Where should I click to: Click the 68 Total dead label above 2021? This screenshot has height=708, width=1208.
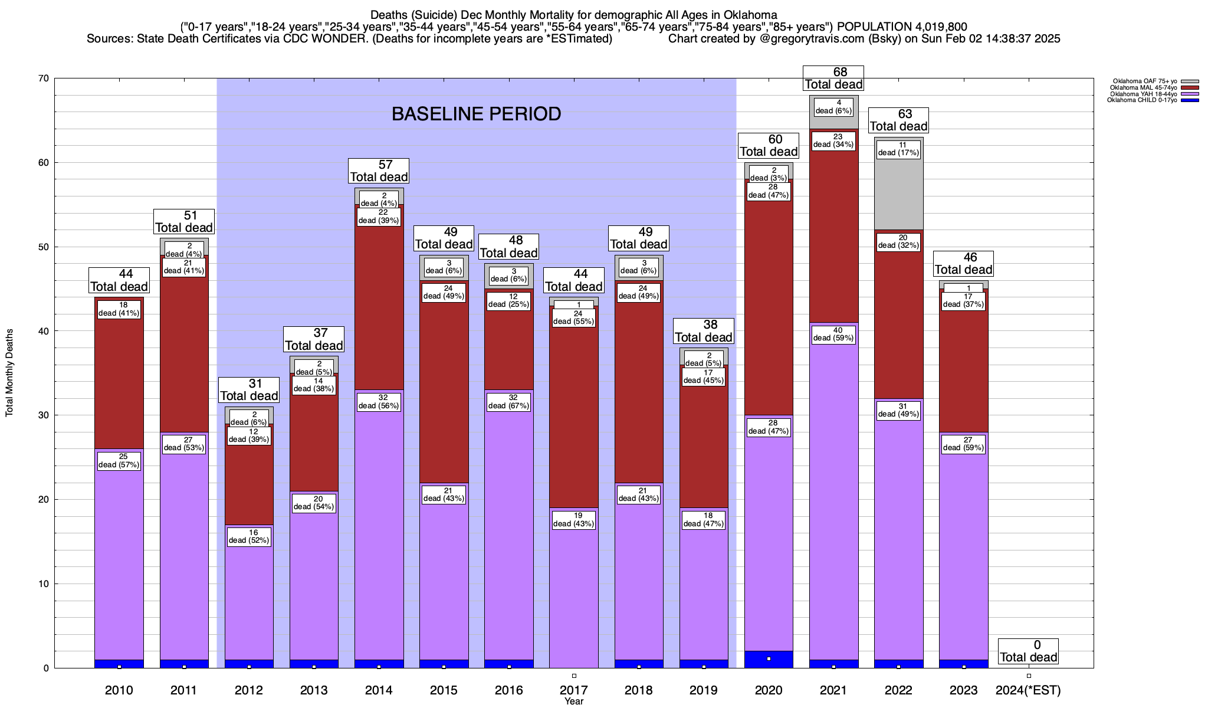pos(833,78)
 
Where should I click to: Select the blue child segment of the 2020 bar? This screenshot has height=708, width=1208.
pos(769,660)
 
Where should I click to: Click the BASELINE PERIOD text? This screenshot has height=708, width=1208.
pos(476,114)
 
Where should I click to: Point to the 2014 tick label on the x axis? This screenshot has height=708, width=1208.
pos(379,690)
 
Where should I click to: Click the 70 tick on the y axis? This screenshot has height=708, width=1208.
pos(42,78)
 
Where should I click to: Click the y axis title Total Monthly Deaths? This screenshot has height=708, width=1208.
pos(9,372)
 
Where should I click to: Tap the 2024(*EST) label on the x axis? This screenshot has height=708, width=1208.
pos(1028,690)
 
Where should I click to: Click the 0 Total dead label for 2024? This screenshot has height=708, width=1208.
pos(1029,651)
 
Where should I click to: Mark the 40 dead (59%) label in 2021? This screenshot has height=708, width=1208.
pos(833,335)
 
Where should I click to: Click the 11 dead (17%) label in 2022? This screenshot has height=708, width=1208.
pos(898,149)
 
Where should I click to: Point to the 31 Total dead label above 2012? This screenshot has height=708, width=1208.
pos(249,390)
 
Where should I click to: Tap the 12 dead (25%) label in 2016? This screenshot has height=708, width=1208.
pos(508,300)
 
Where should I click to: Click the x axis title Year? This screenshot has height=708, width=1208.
pos(573,701)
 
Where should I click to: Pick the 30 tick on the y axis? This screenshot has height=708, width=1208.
pos(42,415)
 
